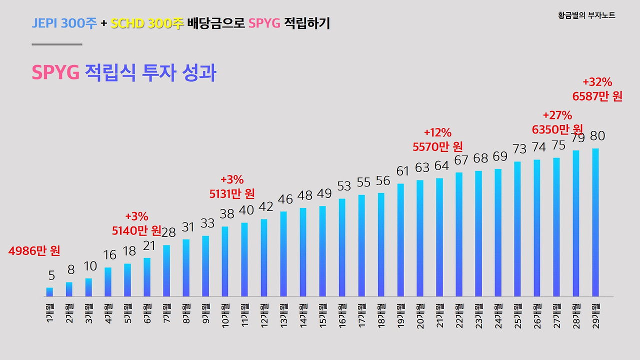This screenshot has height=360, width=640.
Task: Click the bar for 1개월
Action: click(49, 292)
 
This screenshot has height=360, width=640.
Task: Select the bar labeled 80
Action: click(595, 222)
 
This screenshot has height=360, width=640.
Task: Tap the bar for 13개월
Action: click(283, 254)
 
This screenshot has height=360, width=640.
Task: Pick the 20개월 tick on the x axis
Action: click(420, 313)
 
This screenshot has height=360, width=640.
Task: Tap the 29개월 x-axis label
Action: click(595, 313)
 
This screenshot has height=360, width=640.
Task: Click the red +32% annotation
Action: click(597, 82)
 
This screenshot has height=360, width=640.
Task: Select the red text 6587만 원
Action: click(597, 96)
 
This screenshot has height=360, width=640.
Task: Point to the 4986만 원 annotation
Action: click(34, 251)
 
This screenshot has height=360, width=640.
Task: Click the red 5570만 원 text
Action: click(437, 146)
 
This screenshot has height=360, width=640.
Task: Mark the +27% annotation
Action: click(557, 115)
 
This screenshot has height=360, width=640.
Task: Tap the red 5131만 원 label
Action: click(232, 193)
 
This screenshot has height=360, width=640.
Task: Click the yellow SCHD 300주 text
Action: click(147, 23)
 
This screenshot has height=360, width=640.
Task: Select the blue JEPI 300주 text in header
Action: click(64, 23)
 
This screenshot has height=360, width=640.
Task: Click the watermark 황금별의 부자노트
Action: click(586, 15)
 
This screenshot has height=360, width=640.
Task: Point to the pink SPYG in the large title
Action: click(55, 73)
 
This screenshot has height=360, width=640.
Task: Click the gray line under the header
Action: click(56, 44)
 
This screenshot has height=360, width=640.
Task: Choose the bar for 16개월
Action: click(342, 247)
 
